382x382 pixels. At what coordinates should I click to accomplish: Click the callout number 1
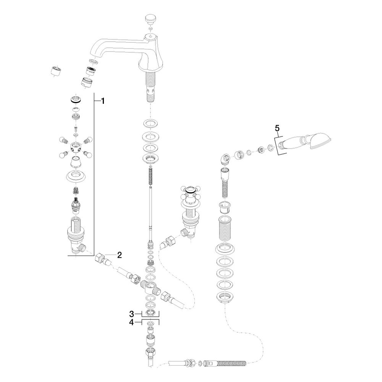click(x=103, y=101)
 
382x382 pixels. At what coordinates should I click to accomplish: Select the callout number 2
click(x=119, y=255)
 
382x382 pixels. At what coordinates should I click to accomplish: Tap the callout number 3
click(x=131, y=314)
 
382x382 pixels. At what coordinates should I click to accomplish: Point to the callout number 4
click(x=131, y=322)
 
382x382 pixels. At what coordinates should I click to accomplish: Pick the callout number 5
click(x=277, y=128)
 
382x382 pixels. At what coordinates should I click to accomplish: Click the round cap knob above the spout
click(x=150, y=19)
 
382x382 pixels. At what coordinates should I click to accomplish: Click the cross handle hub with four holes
click(x=75, y=147)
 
